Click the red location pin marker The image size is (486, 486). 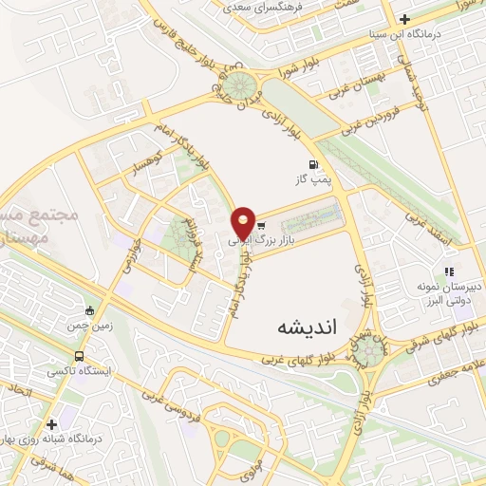243,222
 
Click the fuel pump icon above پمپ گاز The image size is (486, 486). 312,162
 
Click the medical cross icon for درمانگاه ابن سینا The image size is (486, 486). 405,19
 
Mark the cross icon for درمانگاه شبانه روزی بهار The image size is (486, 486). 51,424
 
